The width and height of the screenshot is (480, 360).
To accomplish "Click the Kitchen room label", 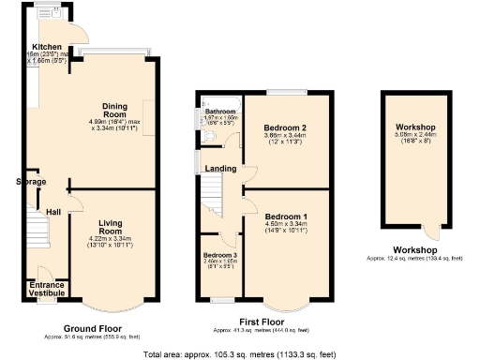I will (x=47, y=47).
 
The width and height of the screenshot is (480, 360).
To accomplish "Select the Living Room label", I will (x=111, y=226).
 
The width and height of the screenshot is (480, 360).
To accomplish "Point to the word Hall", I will (x=54, y=213).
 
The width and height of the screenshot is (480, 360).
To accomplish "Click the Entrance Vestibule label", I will (x=45, y=289).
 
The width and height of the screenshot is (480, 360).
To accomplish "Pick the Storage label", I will (x=31, y=182).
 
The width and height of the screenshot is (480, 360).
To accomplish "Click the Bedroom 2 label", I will (x=281, y=127).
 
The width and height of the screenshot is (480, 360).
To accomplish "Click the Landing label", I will (x=220, y=169).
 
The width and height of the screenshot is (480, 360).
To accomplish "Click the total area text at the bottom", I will (x=239, y=354).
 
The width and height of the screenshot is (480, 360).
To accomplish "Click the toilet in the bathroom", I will (x=212, y=140).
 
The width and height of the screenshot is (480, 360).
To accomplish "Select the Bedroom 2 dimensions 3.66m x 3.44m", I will (x=281, y=139).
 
